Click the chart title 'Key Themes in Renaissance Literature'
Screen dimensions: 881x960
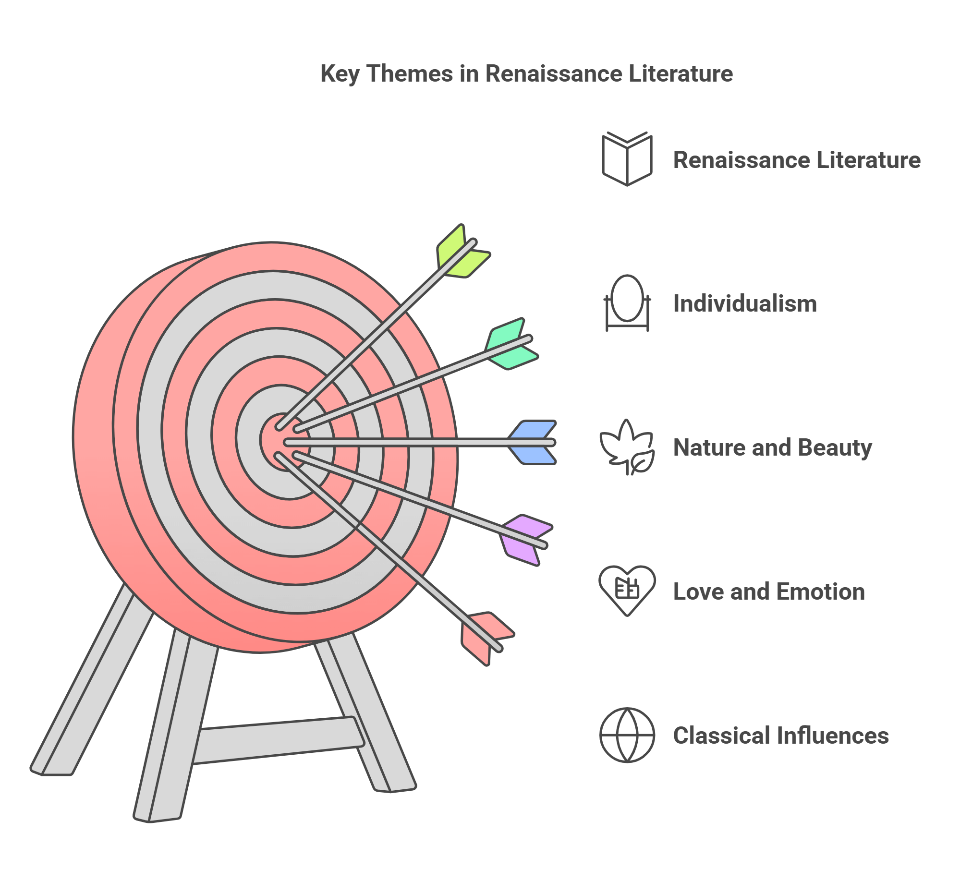pos(526,74)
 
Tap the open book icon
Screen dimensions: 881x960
pos(627,158)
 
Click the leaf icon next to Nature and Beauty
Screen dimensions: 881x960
pos(627,447)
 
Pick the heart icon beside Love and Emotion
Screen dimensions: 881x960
pos(627,590)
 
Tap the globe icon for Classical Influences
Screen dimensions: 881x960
pos(627,735)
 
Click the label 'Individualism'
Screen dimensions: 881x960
pos(745,303)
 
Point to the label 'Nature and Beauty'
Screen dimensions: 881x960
pos(772,447)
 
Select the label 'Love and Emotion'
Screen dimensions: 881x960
pos(769,591)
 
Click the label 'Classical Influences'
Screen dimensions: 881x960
pos(781,736)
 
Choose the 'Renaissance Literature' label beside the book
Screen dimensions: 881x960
pos(797,160)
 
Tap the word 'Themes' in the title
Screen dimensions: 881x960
pos(410,74)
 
